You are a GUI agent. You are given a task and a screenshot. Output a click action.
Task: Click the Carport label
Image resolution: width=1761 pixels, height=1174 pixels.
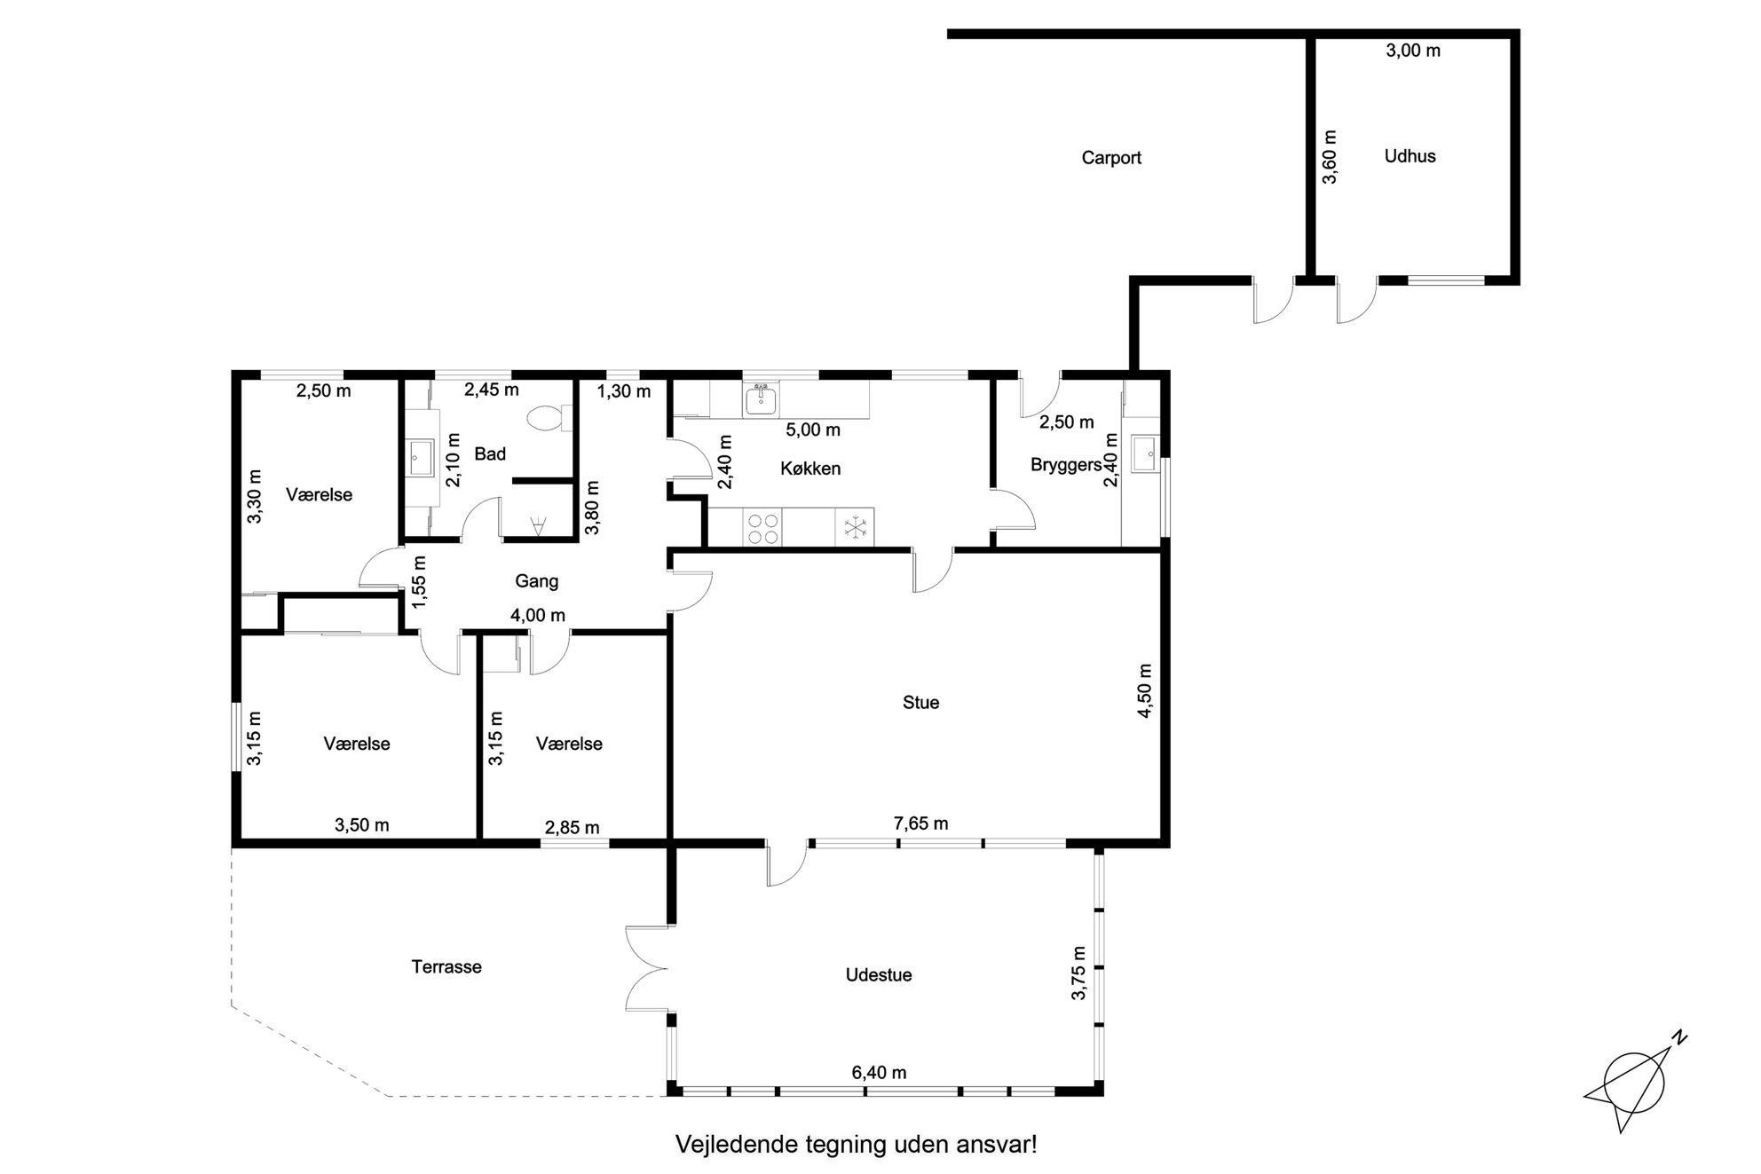pyautogui.click(x=1111, y=158)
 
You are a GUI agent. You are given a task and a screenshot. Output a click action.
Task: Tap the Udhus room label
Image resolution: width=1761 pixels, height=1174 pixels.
pyautogui.click(x=1410, y=156)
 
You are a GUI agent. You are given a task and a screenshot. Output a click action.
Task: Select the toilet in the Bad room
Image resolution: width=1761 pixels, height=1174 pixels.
pyautogui.click(x=547, y=418)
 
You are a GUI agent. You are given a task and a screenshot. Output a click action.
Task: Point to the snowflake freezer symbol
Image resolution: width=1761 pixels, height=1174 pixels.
pyautogui.click(x=855, y=528)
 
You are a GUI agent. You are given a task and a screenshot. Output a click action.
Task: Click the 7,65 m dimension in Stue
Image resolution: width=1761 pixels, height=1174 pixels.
pyautogui.click(x=920, y=823)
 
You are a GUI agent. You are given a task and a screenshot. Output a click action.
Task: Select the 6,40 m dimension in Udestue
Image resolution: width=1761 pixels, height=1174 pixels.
pyautogui.click(x=879, y=1073)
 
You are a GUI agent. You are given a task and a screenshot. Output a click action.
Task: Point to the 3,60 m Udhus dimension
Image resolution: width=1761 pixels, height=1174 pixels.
pyautogui.click(x=1329, y=157)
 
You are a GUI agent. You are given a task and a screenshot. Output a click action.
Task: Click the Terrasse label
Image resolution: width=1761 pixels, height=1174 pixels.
pyautogui.click(x=446, y=967)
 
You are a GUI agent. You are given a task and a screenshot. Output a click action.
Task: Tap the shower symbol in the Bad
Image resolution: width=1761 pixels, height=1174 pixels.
pyautogui.click(x=537, y=528)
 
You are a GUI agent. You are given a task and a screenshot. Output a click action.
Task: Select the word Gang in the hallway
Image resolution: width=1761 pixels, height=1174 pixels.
pyautogui.click(x=537, y=581)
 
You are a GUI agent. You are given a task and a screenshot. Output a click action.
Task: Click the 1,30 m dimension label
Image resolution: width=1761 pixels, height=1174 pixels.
pyautogui.click(x=623, y=391)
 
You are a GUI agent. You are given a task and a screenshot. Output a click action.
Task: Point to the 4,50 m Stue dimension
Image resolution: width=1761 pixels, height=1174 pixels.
pyautogui.click(x=1144, y=690)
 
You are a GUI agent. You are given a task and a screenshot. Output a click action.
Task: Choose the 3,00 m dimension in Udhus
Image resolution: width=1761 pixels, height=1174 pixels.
pyautogui.click(x=1413, y=51)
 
